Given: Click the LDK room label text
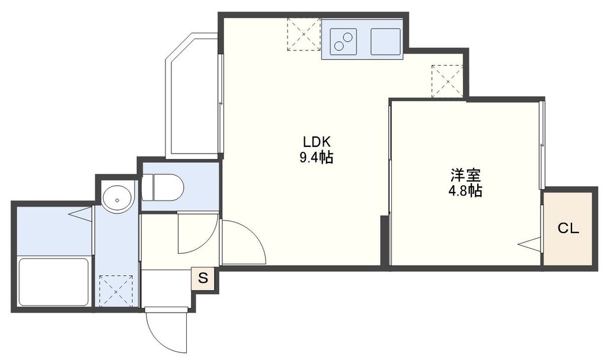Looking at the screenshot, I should click(x=316, y=142).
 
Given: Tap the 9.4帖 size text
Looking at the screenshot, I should click(x=316, y=158).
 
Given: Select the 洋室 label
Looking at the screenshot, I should click(x=465, y=176).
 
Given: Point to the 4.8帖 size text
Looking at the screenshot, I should click(x=465, y=191).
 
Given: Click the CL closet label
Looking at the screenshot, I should click(x=568, y=229).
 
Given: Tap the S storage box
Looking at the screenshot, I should click(x=203, y=278).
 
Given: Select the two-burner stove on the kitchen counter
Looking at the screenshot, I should click(x=342, y=39).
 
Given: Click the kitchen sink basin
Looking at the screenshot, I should click(x=386, y=40).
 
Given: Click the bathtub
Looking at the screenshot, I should click(x=53, y=282).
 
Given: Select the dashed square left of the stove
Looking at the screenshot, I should click(x=303, y=34).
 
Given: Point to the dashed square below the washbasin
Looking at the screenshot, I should click(x=116, y=291).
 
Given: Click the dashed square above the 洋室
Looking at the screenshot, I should click(x=447, y=81).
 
